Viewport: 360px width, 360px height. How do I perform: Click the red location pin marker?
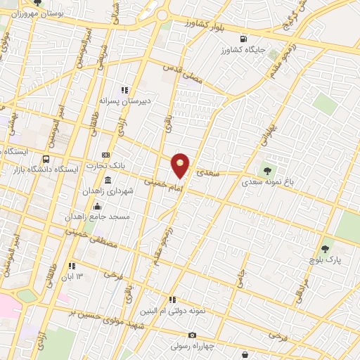[x=181, y=165]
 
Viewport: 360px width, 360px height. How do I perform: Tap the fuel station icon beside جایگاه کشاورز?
[x=243, y=39]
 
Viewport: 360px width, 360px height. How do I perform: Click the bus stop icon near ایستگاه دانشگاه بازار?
[x=46, y=159]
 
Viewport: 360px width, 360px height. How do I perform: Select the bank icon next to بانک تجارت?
[x=105, y=155]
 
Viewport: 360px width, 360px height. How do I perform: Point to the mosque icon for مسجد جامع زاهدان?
[x=97, y=206]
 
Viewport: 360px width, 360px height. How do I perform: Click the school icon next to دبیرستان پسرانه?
[x=124, y=90]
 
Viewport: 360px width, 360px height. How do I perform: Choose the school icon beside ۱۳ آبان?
[x=71, y=266]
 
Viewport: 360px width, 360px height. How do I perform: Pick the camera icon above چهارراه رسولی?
[x=192, y=335]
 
